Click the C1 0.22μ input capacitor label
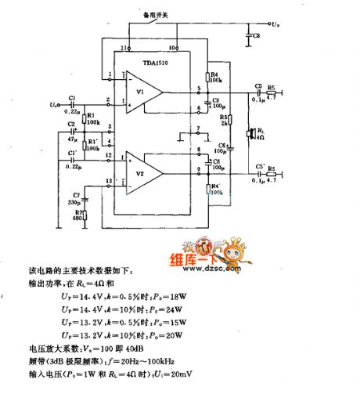coord(71,101)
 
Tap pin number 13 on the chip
coord(110,183)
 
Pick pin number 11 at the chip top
coord(123,48)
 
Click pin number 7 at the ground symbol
coord(199,128)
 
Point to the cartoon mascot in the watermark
coord(189,245)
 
